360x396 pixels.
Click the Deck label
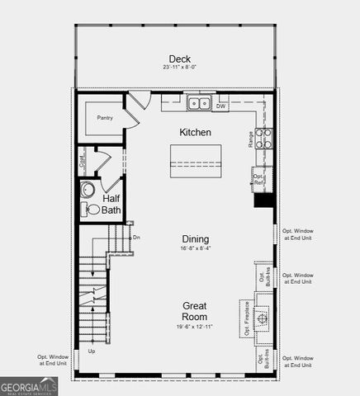(180, 59)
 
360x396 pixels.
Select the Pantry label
(104, 118)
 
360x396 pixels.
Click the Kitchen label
(196, 132)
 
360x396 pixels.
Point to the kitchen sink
(198, 103)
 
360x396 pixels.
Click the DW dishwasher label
(221, 106)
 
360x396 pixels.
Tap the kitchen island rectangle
(197, 160)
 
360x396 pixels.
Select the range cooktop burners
(264, 138)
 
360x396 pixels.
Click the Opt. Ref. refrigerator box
(259, 178)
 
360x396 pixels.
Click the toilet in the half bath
(92, 210)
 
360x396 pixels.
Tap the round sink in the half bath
(89, 190)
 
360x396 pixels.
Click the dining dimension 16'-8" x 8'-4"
(196, 248)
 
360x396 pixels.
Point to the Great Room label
(196, 310)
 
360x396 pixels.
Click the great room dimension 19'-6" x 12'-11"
(196, 327)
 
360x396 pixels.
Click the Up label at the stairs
(91, 352)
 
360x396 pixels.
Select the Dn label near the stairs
(136, 237)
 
